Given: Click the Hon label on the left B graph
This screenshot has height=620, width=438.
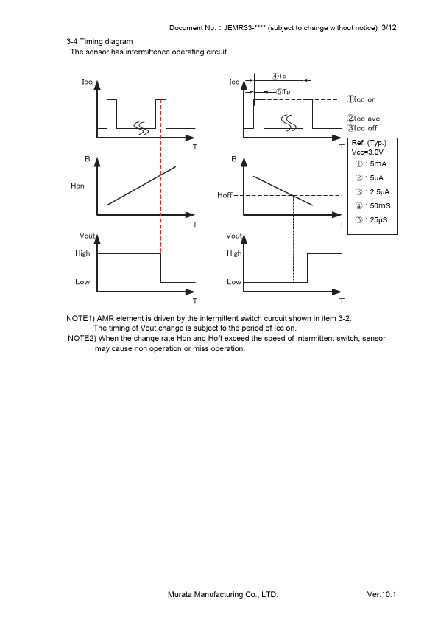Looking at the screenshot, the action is pyautogui.click(x=77, y=186).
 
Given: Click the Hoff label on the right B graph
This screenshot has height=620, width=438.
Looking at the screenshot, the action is pyautogui.click(x=225, y=195).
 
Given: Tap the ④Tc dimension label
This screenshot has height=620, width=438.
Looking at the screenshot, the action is pyautogui.click(x=279, y=76).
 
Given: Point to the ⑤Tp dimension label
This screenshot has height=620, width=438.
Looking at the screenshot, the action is pyautogui.click(x=283, y=92).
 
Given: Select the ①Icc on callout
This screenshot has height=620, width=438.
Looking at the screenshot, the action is pyautogui.click(x=361, y=99).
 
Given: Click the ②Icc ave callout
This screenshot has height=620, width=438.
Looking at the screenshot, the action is pyautogui.click(x=364, y=119).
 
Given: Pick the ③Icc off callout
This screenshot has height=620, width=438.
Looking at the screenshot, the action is pyautogui.click(x=362, y=127).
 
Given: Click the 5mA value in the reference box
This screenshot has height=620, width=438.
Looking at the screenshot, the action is pyautogui.click(x=378, y=163).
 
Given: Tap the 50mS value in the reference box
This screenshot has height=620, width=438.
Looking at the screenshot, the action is pyautogui.click(x=381, y=205).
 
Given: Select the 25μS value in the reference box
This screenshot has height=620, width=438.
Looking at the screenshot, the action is pyautogui.click(x=378, y=220).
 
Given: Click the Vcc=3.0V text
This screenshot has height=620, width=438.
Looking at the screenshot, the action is pyautogui.click(x=367, y=152).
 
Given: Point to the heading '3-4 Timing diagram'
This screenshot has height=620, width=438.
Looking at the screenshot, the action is pyautogui.click(x=99, y=41).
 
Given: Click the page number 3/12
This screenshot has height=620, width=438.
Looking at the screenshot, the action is pyautogui.click(x=389, y=28).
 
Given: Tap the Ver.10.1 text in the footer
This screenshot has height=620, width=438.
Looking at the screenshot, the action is pyautogui.click(x=381, y=594).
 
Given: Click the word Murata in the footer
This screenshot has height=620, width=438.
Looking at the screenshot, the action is pyautogui.click(x=180, y=594).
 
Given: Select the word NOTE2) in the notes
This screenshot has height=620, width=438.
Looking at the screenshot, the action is pyautogui.click(x=82, y=338).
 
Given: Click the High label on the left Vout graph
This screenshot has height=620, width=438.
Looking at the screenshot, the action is pyautogui.click(x=82, y=253).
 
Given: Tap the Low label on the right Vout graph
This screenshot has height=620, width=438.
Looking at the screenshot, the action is pyautogui.click(x=234, y=282).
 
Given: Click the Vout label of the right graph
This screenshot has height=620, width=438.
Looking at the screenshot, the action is pyautogui.click(x=233, y=236).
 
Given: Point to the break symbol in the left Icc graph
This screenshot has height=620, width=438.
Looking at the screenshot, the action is pyautogui.click(x=141, y=127).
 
